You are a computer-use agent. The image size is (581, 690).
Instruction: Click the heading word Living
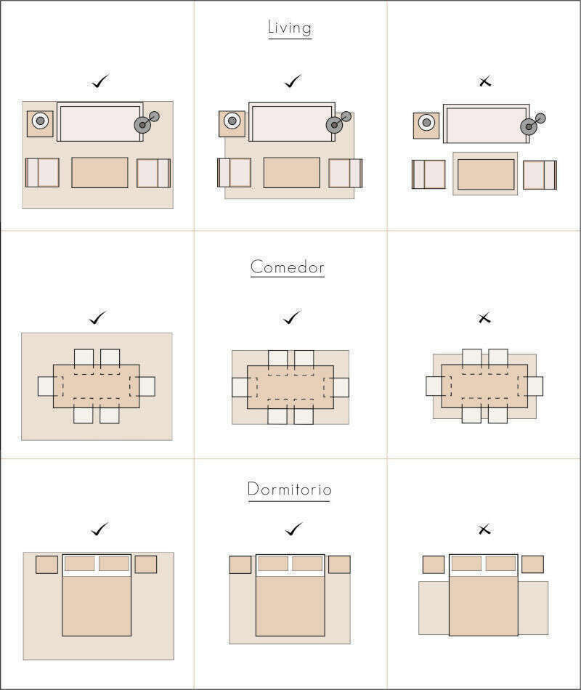(x=290, y=28)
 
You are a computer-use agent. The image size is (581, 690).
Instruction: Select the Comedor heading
(x=288, y=267)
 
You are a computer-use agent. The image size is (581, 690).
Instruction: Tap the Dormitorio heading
(x=289, y=489)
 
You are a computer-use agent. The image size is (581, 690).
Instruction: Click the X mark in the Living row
(x=484, y=81)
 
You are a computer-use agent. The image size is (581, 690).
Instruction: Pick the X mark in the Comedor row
(x=484, y=317)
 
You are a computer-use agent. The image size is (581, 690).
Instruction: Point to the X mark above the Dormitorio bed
(x=484, y=529)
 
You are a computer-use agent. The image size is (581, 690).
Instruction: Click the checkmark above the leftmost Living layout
(x=100, y=81)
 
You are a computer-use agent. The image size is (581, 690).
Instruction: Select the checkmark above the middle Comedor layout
(x=292, y=317)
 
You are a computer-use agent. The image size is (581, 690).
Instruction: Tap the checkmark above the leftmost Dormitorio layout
(x=100, y=529)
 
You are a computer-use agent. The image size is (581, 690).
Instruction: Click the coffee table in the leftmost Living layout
(x=100, y=173)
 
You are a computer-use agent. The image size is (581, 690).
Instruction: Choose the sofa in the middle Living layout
(x=292, y=122)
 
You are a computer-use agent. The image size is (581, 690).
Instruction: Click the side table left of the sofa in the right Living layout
(x=426, y=126)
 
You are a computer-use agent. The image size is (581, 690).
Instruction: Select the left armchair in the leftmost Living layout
(x=42, y=173)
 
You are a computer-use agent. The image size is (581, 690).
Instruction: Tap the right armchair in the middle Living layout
(x=346, y=173)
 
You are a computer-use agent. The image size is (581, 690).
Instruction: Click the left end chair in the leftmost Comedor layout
(x=46, y=386)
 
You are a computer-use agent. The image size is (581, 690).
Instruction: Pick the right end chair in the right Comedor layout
(x=535, y=386)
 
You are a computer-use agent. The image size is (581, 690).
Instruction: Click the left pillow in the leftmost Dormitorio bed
(x=80, y=564)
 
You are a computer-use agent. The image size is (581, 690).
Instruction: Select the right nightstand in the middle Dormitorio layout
(x=339, y=564)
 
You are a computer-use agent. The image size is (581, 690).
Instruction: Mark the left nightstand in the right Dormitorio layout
(x=434, y=564)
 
